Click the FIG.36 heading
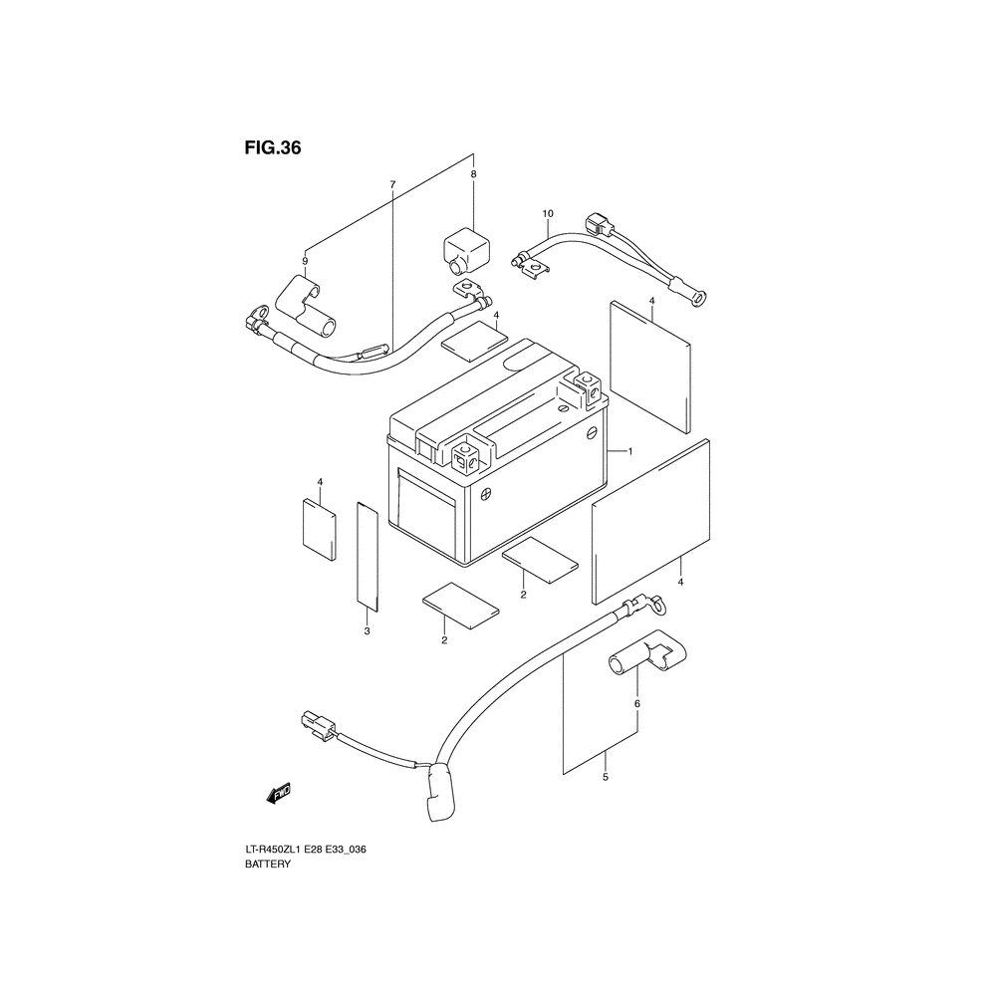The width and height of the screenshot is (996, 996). [x=273, y=148]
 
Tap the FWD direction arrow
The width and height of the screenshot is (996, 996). [x=279, y=793]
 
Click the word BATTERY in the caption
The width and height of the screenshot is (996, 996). [x=267, y=864]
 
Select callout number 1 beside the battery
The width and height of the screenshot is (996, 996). [x=630, y=451]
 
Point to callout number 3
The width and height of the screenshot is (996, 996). [x=368, y=631]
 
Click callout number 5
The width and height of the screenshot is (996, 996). [x=606, y=777]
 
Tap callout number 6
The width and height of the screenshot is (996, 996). [x=637, y=704]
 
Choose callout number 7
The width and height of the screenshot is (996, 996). [x=392, y=185]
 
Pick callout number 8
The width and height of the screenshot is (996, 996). [x=473, y=174]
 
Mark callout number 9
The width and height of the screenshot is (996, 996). [x=305, y=261]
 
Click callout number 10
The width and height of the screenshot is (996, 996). [x=548, y=213]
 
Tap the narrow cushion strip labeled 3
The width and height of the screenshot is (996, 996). [x=368, y=557]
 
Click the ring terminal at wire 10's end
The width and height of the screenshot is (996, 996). [x=696, y=299]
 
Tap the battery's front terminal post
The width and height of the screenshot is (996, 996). [x=468, y=456]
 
